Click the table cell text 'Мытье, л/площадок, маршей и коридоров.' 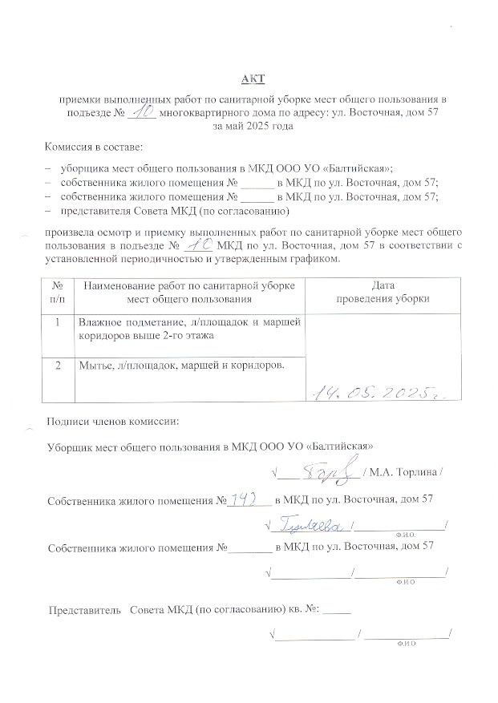181,366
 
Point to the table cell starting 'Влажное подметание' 188,329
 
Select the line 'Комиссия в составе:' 95,148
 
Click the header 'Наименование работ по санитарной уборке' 188,285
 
